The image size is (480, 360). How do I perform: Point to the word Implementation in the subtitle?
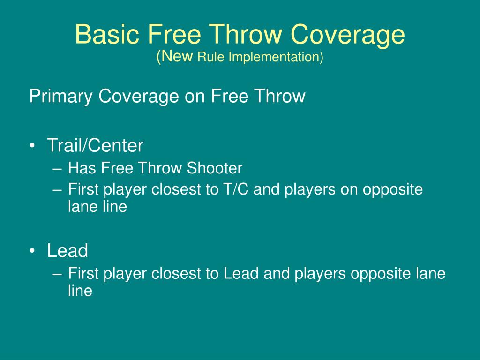[276, 57]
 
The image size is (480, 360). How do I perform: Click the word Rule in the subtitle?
[211, 57]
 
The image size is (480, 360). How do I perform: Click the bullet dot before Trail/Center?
[32, 146]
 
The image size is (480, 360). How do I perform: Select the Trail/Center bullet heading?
[95, 145]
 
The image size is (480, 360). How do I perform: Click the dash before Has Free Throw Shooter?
[57, 169]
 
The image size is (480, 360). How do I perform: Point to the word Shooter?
[215, 168]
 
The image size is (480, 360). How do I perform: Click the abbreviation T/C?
[236, 189]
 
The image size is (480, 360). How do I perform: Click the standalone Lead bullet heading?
[67, 250]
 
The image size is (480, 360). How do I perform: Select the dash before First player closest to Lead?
[57, 274]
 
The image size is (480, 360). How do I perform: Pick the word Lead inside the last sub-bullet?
[241, 273]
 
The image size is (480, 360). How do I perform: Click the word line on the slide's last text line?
[80, 290]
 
